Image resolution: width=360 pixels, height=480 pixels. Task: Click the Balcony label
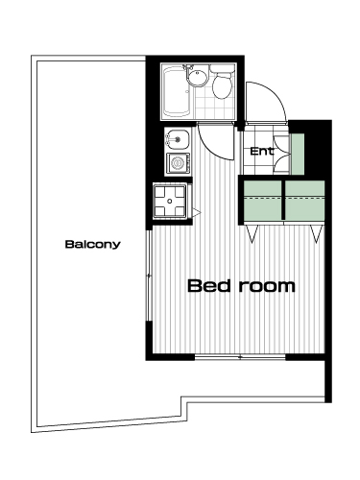pos(93,244)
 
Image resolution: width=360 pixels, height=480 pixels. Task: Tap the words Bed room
pos(241,286)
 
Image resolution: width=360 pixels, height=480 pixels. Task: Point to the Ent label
pos(262,151)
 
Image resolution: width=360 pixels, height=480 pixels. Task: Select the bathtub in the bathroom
pos(177,91)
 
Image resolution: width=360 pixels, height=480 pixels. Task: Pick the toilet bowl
pos(222,83)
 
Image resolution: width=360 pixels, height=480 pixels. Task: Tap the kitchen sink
pos(177,139)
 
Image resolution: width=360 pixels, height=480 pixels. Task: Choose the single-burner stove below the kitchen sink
pos(178,163)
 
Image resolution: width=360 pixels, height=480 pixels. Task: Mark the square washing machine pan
pos(170,201)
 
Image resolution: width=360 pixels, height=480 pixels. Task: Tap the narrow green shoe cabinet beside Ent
pos(298,155)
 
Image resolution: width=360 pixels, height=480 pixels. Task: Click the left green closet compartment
pos(263,201)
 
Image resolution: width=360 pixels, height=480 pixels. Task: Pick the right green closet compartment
pos(304,201)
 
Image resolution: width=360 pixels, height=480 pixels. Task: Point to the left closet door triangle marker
pos(252,233)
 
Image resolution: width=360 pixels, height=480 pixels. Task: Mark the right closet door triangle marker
pos(316,233)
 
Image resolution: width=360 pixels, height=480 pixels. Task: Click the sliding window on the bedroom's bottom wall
pos(240,357)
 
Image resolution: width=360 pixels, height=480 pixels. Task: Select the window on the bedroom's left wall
pos(149,276)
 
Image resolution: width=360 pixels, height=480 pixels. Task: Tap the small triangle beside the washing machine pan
pos(196,211)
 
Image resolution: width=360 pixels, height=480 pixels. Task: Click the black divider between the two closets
pos(283,201)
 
